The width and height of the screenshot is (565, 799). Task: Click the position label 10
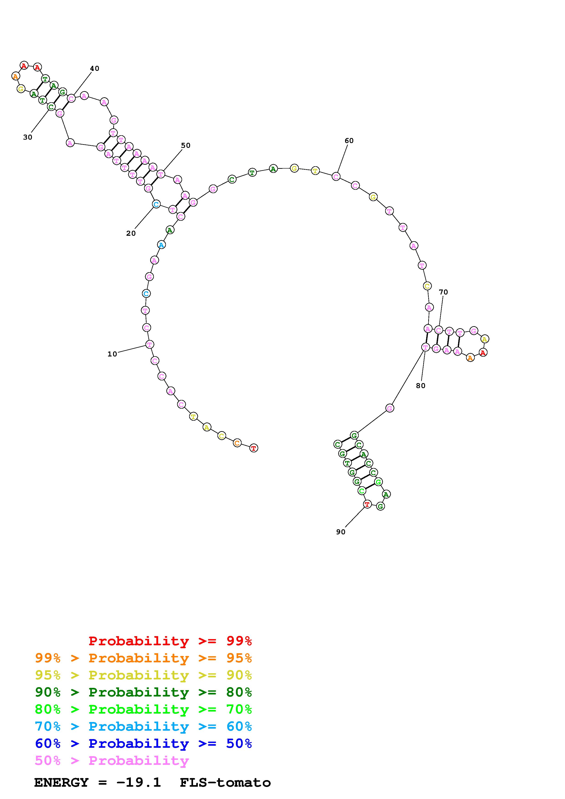pyautogui.click(x=112, y=354)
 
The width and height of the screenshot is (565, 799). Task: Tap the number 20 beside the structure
pyautogui.click(x=131, y=233)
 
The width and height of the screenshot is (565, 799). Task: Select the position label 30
pyautogui.click(x=28, y=138)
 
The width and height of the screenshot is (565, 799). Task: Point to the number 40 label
pyautogui.click(x=95, y=69)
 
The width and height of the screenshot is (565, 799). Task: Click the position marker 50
pyautogui.click(x=186, y=146)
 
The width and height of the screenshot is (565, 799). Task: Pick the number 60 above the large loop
pyautogui.click(x=349, y=141)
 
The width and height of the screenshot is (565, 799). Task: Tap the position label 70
pyautogui.click(x=444, y=292)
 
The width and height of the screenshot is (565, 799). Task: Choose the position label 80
pyautogui.click(x=421, y=386)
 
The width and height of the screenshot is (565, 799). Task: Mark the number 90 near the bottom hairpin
pyautogui.click(x=341, y=532)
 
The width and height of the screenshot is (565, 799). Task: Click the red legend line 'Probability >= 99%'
pyautogui.click(x=170, y=641)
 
